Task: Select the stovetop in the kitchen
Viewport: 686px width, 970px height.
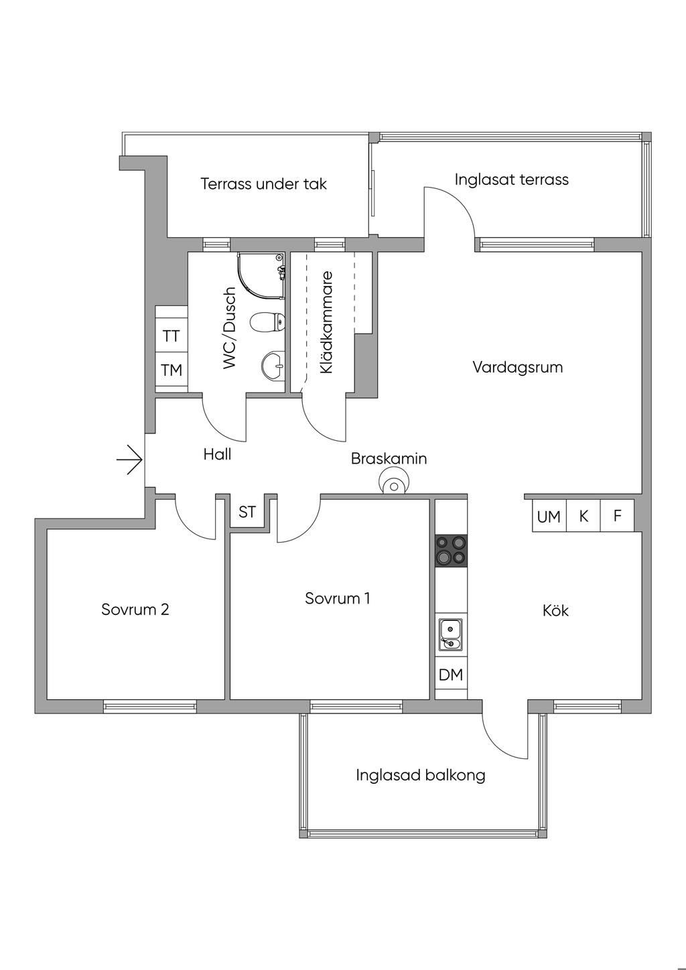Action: (451, 551)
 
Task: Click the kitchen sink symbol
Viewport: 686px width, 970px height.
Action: (450, 634)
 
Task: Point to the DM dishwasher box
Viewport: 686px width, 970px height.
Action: (451, 675)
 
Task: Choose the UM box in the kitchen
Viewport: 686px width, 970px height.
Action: (549, 516)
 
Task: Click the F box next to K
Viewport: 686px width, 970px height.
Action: (618, 516)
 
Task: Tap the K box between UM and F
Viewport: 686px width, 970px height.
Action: (584, 516)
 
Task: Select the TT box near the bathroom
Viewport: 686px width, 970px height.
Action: (171, 336)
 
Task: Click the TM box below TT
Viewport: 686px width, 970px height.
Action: (171, 370)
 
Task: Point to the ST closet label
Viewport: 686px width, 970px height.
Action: (247, 512)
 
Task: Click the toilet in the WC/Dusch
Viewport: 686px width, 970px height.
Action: (266, 323)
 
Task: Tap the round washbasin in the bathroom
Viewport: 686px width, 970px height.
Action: (272, 365)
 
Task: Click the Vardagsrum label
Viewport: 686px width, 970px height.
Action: (517, 367)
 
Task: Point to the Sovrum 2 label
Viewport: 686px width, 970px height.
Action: (135, 609)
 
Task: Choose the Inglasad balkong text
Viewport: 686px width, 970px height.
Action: (420, 775)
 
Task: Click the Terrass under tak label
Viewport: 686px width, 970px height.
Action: (263, 184)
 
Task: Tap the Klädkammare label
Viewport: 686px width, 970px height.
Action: (326, 322)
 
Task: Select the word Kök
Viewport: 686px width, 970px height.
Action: (555, 610)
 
